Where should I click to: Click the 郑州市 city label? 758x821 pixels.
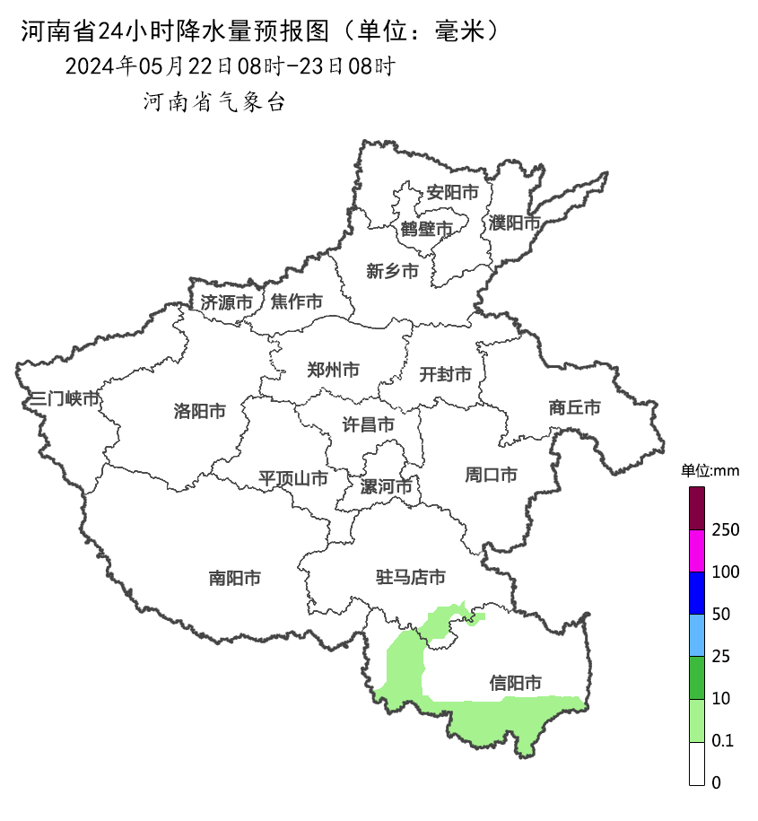(x=333, y=370)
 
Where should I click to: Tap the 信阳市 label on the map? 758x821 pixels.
(x=515, y=683)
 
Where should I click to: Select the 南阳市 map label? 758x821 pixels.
(x=234, y=579)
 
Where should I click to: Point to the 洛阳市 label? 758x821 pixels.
(x=199, y=412)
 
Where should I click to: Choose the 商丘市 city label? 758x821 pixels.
(x=574, y=407)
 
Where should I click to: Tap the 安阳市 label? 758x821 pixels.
(x=452, y=192)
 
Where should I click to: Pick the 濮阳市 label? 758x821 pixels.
(x=515, y=223)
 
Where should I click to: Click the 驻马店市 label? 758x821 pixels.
(x=410, y=577)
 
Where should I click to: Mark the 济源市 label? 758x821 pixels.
(x=226, y=302)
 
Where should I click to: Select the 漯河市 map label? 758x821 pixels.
(x=386, y=486)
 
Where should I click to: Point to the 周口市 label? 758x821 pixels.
(x=491, y=475)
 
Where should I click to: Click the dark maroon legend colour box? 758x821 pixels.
(x=697, y=509)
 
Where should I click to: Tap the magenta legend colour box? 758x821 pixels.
(x=697, y=551)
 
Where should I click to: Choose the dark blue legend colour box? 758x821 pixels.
(x=697, y=593)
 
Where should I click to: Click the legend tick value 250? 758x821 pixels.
(x=725, y=530)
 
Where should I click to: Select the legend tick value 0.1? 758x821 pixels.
(x=722, y=741)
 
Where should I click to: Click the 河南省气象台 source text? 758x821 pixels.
(x=214, y=102)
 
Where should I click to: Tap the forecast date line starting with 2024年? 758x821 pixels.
(x=230, y=66)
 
